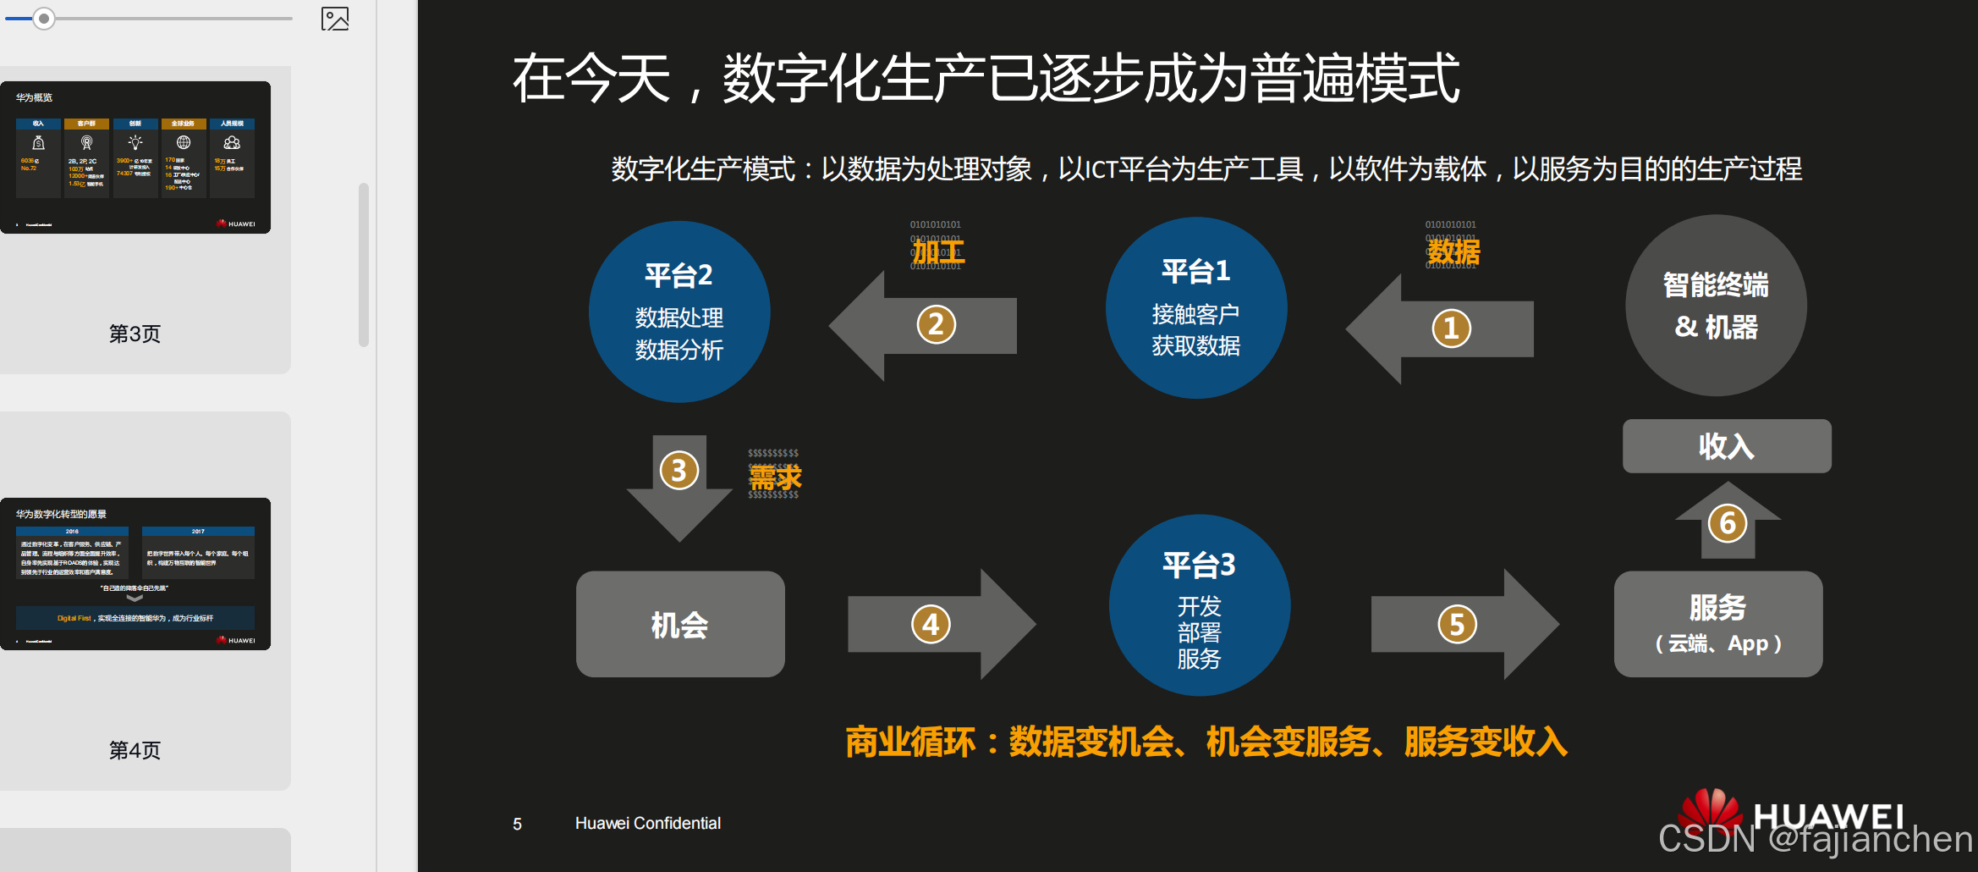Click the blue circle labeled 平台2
679,312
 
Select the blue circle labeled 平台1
1196,308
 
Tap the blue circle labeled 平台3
1200,605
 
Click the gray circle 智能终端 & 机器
1716,305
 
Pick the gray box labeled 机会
680,624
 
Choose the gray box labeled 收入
1727,446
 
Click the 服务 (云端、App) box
1718,624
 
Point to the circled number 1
1451,328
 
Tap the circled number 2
936,325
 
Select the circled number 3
679,471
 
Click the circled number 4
931,625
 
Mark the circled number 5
1457,625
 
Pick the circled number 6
1728,523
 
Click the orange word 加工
938,251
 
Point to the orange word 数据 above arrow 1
1453,251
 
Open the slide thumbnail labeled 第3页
135,157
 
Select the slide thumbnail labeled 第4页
135,574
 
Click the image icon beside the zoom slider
335,19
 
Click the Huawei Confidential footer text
647,823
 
